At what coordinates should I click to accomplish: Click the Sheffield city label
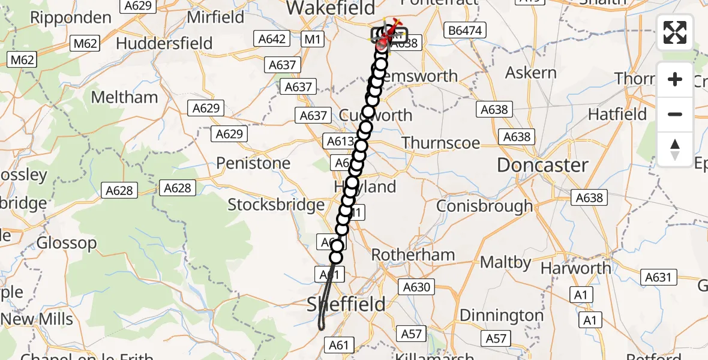coord(346,304)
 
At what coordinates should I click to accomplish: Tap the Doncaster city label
coord(542,165)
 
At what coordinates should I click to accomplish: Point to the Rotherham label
coord(413,254)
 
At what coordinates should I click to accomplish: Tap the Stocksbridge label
coord(276,205)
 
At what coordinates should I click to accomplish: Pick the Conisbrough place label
coord(484,206)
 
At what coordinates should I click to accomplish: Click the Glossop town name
coord(67,243)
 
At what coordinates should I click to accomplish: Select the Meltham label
coord(124,97)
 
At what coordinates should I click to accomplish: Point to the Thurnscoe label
coord(440,142)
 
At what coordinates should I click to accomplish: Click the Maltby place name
coord(505,262)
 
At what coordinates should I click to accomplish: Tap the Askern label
coord(531,73)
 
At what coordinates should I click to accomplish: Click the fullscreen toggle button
coord(675,33)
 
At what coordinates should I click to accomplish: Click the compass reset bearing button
coord(675,149)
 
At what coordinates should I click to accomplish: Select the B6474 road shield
coord(464,31)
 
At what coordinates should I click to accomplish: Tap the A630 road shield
coord(416,287)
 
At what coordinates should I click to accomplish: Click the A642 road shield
coord(272,39)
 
